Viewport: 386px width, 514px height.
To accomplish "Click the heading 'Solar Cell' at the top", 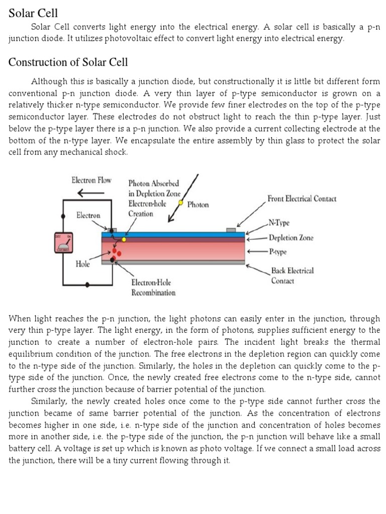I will tap(33, 13).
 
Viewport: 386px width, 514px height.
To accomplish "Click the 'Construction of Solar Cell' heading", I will tap(68, 62).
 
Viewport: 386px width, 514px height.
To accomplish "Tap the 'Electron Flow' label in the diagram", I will tap(91, 180).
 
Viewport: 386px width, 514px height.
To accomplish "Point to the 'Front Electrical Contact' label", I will tap(302, 199).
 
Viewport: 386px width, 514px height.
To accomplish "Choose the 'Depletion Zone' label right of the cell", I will tap(291, 237).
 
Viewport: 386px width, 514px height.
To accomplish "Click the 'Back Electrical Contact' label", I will tap(292, 276).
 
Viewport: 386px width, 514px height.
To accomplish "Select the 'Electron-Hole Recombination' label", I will tap(153, 288).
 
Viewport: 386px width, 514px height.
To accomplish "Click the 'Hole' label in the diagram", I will tap(82, 264).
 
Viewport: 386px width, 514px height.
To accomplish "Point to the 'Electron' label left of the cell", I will tap(88, 215).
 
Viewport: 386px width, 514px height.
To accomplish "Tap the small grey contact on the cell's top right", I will tap(231, 230).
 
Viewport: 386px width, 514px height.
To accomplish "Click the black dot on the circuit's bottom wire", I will tap(88, 284).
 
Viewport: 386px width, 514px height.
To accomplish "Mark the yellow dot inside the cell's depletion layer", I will tap(124, 239).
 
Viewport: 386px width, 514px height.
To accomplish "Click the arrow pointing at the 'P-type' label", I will tap(257, 250).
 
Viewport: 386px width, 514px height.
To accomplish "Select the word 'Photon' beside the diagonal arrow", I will tap(198, 205).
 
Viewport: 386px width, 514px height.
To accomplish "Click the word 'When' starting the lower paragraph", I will tap(20, 319).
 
